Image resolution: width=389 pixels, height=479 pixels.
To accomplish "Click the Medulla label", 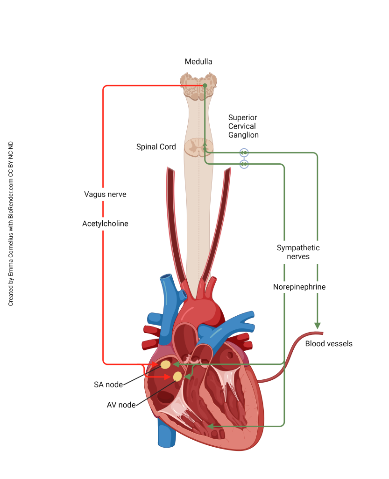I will tap(198, 62).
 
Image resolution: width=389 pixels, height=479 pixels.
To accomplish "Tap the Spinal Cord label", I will tap(156, 147).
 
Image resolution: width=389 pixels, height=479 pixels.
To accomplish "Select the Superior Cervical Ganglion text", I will tap(243, 126).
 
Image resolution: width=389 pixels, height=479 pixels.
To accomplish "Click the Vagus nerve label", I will tap(105, 194).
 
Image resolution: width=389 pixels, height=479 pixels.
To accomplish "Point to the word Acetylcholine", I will tap(105, 224).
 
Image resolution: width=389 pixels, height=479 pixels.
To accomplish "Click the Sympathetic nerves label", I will tap(298, 252).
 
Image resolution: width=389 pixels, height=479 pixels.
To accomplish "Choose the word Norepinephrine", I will tap(299, 287).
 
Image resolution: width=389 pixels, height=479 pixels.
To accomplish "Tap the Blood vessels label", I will tap(328, 344).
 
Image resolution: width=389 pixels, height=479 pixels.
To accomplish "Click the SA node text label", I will tap(108, 385).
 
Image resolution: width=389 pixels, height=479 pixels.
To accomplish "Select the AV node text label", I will tap(121, 405).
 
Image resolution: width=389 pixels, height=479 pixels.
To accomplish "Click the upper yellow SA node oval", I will tap(165, 364).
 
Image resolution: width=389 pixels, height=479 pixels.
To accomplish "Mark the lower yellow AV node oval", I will tap(177, 376).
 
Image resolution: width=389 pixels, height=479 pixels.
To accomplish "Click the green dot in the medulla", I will tap(205, 86).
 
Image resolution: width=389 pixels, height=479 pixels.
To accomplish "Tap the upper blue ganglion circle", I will tap(244, 152).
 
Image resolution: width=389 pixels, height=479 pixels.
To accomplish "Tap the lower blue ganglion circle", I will tap(244, 164).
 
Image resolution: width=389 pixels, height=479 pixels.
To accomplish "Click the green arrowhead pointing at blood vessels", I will tap(317, 326).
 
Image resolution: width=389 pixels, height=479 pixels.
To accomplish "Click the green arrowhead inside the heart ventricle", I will tap(211, 426).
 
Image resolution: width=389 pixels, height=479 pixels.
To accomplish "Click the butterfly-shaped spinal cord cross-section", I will tap(198, 147).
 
